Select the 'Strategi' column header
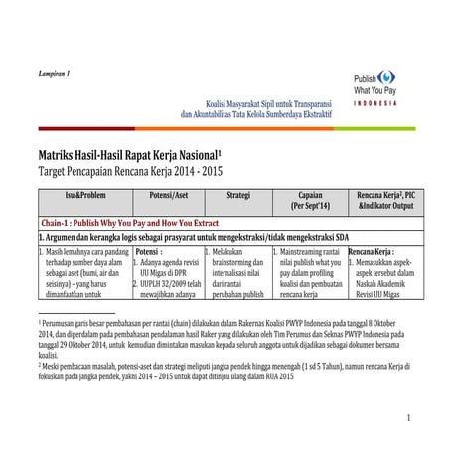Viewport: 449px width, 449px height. coord(237,194)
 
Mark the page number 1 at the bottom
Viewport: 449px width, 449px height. coord(407,418)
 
